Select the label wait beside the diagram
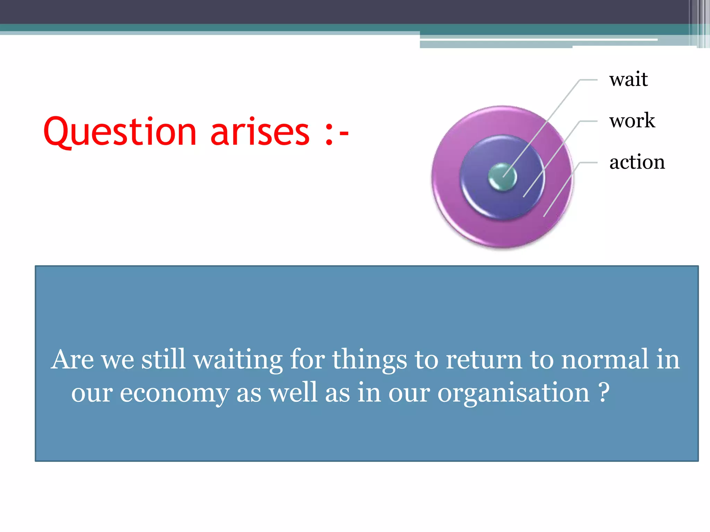tap(628, 79)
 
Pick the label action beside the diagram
tap(637, 162)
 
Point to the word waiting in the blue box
tap(238, 360)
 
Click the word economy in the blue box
tap(174, 393)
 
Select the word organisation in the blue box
tap(513, 393)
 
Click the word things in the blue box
tap(370, 360)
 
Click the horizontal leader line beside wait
tap(589, 80)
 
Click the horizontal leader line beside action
tap(589, 162)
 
